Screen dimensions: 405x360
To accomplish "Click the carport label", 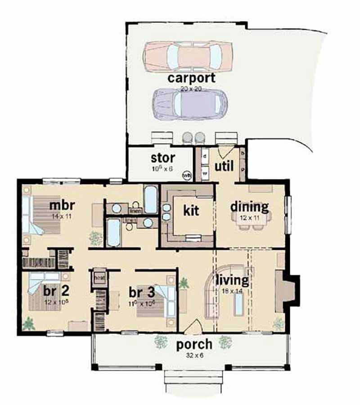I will [191, 77].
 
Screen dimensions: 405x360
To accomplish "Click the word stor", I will [163, 158].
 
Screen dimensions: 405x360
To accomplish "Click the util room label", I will [224, 166].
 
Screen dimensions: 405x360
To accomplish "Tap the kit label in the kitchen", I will [191, 210].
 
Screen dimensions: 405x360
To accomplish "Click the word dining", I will [249, 207].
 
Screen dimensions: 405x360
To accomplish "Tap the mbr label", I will [62, 205].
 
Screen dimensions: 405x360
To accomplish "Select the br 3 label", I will [143, 291].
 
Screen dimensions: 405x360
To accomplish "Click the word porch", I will [194, 345].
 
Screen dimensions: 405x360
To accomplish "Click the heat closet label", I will [99, 278].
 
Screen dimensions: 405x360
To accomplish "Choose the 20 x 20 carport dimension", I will [191, 89].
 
